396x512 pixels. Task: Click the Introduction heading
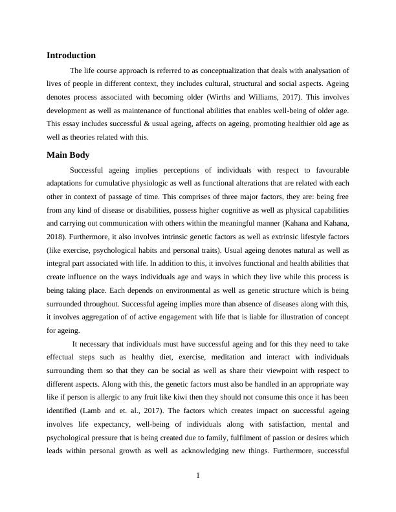pos(71,56)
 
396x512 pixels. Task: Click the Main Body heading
pos(68,155)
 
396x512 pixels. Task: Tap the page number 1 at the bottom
pos(198,476)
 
